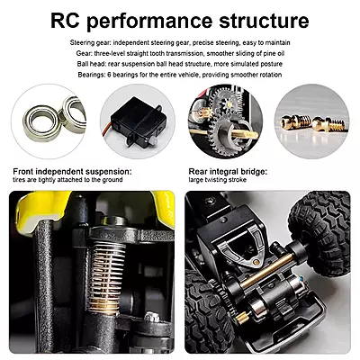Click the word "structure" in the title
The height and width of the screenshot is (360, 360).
pyautogui.click(x=264, y=21)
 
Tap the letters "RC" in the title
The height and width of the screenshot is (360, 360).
pyautogui.click(x=65, y=21)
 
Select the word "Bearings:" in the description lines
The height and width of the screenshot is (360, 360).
pyautogui.click(x=91, y=75)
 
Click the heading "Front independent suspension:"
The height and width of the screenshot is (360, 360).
pyautogui.click(x=72, y=172)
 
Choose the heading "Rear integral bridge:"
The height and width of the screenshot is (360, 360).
pyautogui.click(x=228, y=172)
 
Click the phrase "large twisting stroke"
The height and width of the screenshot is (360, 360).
pyautogui.click(x=218, y=180)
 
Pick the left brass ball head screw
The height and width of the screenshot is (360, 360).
pyautogui.click(x=292, y=122)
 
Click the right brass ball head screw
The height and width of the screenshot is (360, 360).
pyautogui.click(x=329, y=124)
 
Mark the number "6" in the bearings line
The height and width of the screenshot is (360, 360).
pyautogui.click(x=109, y=75)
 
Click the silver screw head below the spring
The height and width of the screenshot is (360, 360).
pyautogui.click(x=152, y=317)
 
